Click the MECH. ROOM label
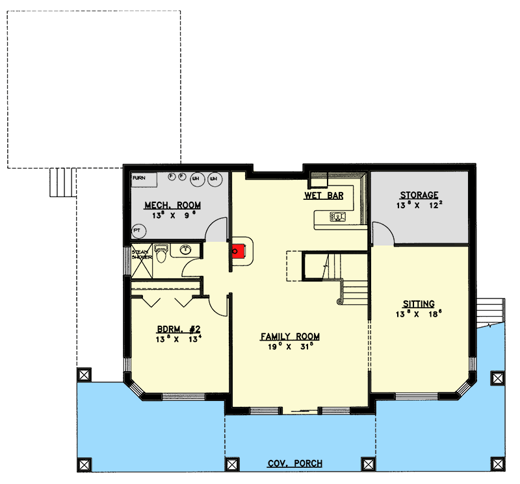pos(172,206)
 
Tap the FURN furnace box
pos(138,177)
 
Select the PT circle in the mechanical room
pos(137,230)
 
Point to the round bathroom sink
pos(185,248)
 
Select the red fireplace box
pos(239,251)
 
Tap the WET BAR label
pos(324,195)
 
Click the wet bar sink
pos(337,215)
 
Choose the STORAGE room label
pos(419,195)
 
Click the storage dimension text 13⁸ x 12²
pos(419,206)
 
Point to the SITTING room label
pos(419,303)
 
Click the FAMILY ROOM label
pos(290,336)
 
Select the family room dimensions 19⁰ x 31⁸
pos(290,347)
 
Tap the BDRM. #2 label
pos(172,328)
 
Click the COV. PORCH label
pos(294,464)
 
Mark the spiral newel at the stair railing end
pos(339,300)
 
